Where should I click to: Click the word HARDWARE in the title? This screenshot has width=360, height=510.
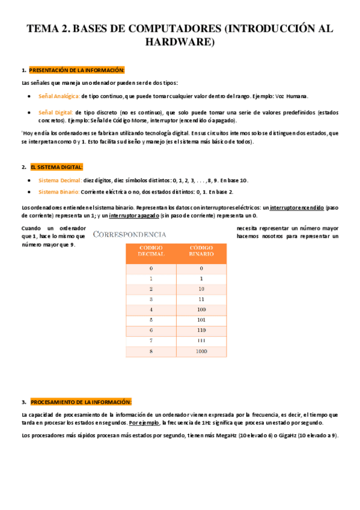180,42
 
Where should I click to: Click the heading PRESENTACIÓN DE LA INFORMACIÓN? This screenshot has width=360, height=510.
76,70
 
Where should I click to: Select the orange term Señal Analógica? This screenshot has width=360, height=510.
58,96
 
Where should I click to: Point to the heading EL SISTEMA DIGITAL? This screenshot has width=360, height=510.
56,167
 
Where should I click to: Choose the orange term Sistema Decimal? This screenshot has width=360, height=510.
59,180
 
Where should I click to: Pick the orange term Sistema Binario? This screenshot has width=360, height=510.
58,192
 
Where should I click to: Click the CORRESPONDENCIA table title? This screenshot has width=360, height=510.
129,233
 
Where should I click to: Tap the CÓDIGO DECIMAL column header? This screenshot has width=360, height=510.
151,251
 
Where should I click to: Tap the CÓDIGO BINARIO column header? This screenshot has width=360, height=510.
201,251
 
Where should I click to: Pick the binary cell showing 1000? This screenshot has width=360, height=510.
201,352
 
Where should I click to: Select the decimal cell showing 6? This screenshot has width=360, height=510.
151,331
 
